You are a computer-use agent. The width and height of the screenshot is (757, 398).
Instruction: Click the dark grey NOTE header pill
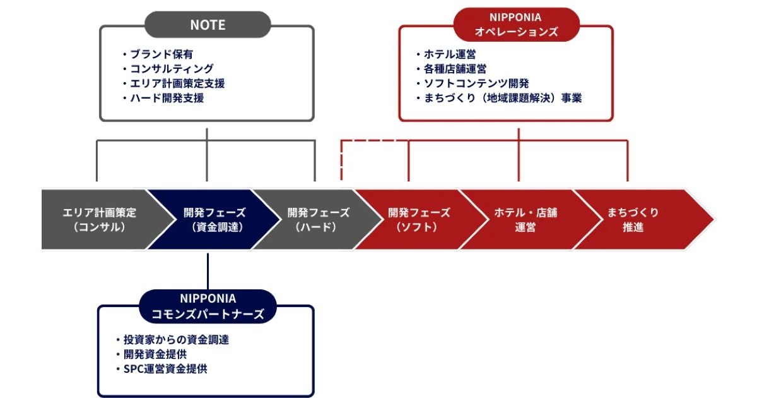208,25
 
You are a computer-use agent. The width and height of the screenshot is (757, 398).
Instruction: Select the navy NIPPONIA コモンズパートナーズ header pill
208,306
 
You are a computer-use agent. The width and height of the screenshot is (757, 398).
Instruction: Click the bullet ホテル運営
449,54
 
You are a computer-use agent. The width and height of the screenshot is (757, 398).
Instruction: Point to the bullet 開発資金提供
155,354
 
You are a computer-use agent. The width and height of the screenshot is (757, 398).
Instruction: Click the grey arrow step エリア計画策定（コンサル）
98,219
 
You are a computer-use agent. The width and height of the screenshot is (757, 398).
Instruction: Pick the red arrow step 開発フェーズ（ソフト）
418,219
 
